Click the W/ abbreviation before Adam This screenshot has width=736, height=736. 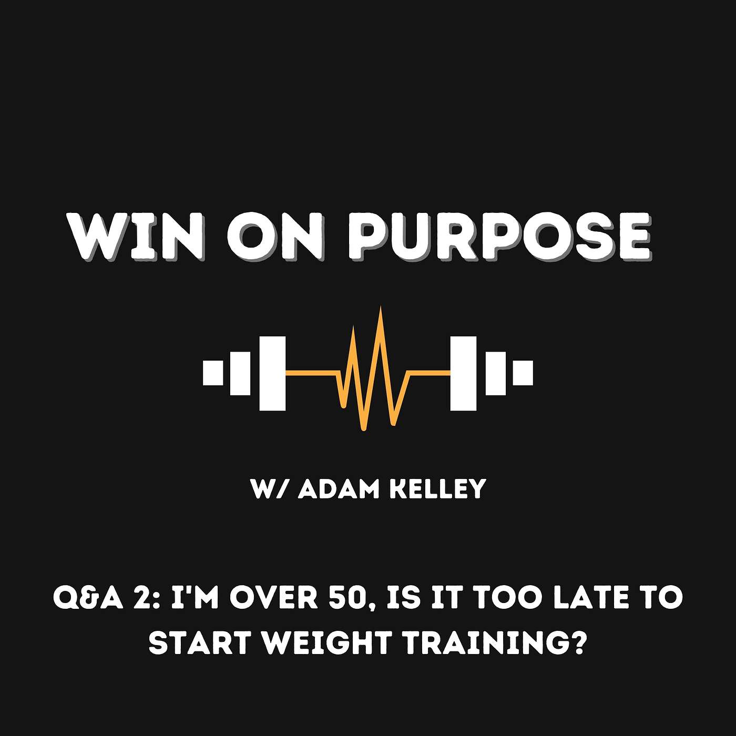pos(271,489)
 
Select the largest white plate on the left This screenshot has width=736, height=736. pos(272,373)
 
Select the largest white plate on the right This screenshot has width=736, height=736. pos(464,373)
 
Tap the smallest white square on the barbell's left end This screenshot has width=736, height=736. pos(213,373)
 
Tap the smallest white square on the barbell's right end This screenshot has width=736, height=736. pos(523,373)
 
